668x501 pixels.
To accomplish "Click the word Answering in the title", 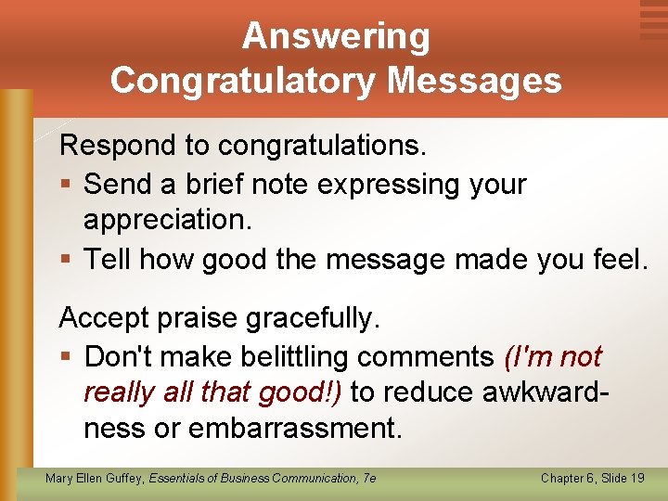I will tap(336, 37).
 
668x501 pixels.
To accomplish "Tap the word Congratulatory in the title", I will tap(244, 81).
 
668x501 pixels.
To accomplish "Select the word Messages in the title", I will tap(474, 81).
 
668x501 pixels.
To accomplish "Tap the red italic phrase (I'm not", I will tap(552, 356).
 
